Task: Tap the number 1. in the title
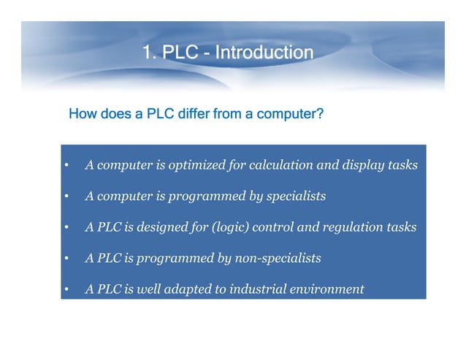coord(150,53)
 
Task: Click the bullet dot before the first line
coord(66,166)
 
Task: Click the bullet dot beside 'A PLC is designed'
coord(66,228)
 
